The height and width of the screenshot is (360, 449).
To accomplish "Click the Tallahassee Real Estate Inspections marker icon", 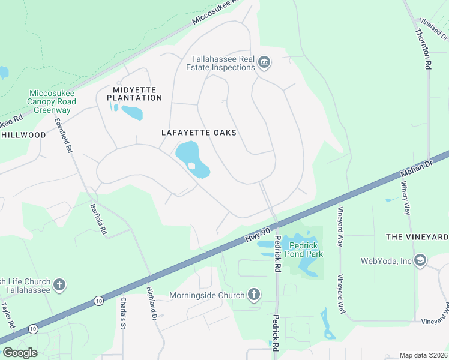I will point(264,62).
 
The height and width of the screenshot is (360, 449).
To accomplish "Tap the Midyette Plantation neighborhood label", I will point(131,94).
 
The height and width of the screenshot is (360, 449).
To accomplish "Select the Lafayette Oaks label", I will point(199,133).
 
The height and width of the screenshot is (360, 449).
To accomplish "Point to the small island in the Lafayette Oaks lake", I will point(191,166).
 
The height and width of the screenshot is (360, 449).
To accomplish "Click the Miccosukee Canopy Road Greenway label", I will point(51,101).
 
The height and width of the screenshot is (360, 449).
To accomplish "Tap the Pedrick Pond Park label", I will point(306,250).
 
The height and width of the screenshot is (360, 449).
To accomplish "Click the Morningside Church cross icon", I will point(254,295).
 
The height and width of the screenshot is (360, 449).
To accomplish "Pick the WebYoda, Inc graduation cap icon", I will point(420,260).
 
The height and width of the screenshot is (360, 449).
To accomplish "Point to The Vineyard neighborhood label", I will point(417,237).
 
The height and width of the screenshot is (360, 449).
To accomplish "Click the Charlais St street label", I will point(123,313).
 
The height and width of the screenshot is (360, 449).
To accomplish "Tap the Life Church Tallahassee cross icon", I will point(59,284).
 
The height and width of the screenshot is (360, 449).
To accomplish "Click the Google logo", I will point(20,353).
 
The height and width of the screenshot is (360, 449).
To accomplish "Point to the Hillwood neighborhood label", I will point(24,135).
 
